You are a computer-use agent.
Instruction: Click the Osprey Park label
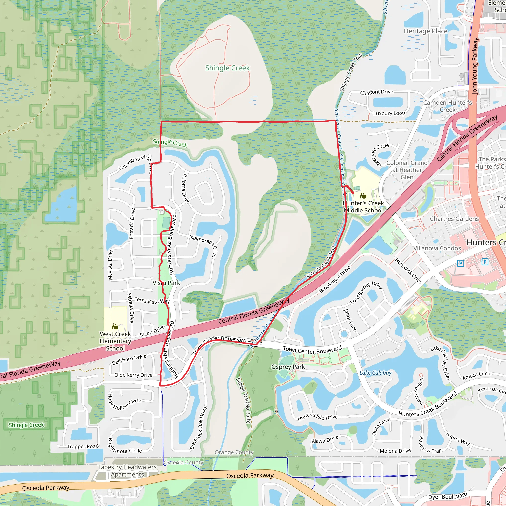288,367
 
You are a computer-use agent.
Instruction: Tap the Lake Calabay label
375,373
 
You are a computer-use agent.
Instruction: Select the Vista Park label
166,283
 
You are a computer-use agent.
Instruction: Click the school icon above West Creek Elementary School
115,326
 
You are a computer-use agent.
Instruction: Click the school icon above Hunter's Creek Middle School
363,196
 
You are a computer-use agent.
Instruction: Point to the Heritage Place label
426,31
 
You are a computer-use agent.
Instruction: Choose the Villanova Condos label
437,248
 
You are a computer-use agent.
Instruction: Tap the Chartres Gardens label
454,219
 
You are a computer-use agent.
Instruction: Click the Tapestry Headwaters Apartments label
127,471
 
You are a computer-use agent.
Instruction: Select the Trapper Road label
83,446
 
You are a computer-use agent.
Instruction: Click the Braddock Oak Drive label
198,428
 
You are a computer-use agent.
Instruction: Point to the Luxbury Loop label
389,113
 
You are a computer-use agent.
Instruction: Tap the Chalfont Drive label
376,92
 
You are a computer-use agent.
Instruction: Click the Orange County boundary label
234,452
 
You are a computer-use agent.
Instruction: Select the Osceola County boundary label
183,463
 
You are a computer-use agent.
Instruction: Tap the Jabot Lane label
350,320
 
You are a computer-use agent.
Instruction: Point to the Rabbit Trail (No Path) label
243,401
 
